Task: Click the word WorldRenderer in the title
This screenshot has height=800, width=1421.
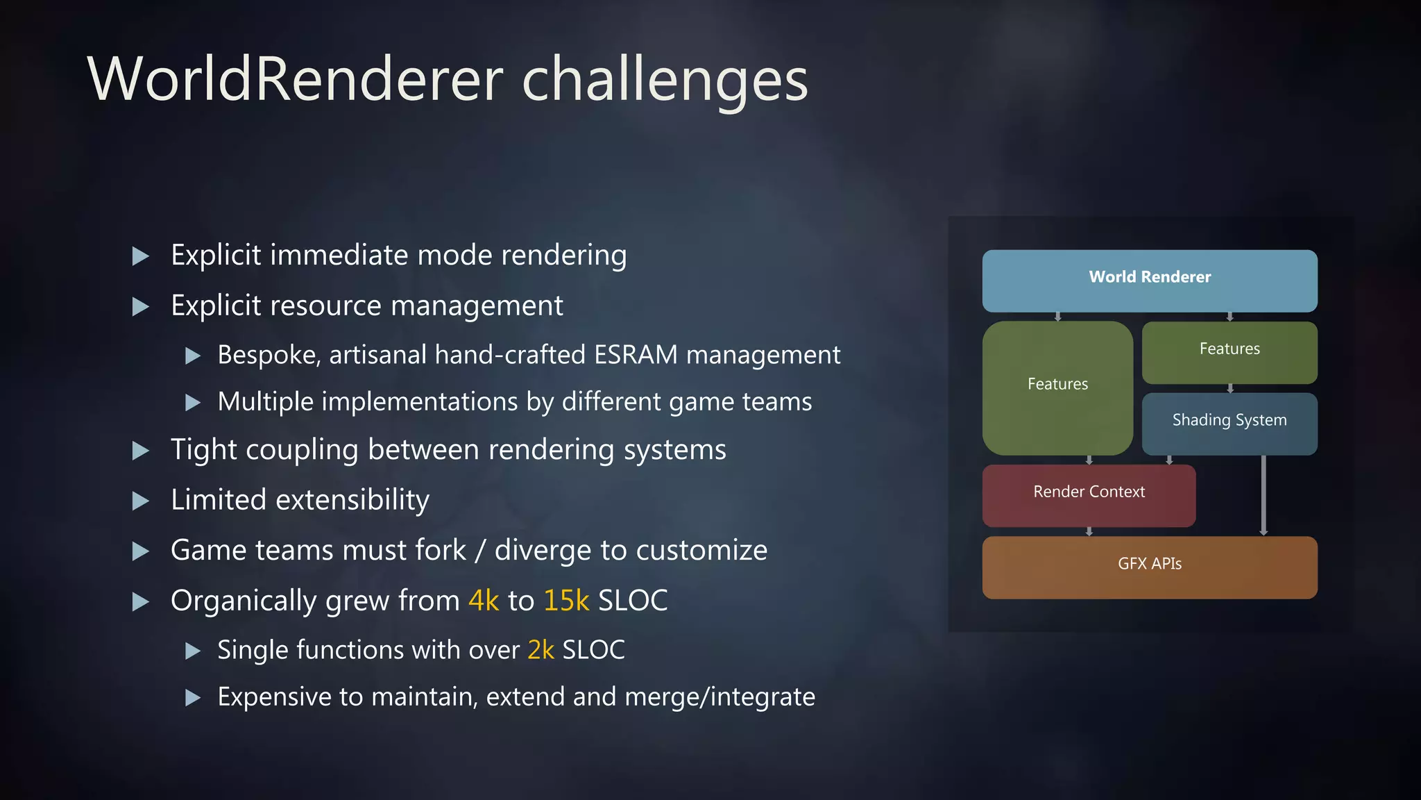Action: pyautogui.click(x=295, y=79)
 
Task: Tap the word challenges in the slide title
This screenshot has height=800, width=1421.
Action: pyautogui.click(x=665, y=81)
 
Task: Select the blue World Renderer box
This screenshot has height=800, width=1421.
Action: pyautogui.click(x=1150, y=281)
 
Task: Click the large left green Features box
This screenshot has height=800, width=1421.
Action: pyautogui.click(x=1057, y=387)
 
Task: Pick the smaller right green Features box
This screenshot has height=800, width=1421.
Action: pyautogui.click(x=1229, y=352)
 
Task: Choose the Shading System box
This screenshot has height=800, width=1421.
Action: pyautogui.click(x=1229, y=424)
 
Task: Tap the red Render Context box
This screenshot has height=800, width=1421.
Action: pyautogui.click(x=1089, y=495)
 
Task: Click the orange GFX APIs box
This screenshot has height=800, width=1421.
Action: pyautogui.click(x=1150, y=567)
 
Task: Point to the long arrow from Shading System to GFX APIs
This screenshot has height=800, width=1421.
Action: pyautogui.click(x=1263, y=494)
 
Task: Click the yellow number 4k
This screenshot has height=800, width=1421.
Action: pyautogui.click(x=484, y=601)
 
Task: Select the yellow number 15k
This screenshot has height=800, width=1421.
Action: pyautogui.click(x=566, y=601)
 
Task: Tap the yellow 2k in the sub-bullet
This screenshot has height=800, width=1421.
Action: pyautogui.click(x=541, y=650)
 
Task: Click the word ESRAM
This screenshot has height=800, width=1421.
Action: pyautogui.click(x=636, y=355)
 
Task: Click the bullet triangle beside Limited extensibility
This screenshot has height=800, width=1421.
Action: pyautogui.click(x=141, y=501)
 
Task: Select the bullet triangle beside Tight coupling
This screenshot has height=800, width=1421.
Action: pyautogui.click(x=141, y=451)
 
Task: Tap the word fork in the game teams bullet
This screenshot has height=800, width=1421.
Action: pyautogui.click(x=440, y=550)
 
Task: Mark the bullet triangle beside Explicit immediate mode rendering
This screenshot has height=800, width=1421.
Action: pyautogui.click(x=141, y=256)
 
